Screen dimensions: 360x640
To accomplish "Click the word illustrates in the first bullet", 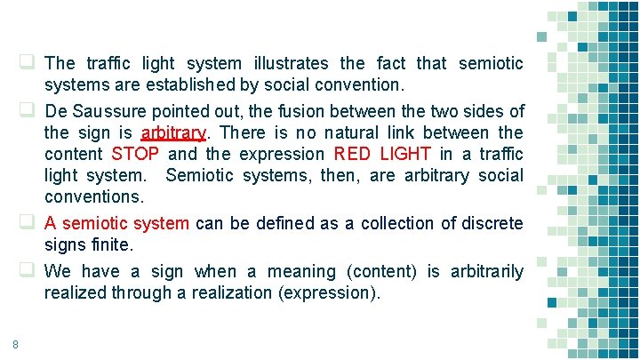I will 290,64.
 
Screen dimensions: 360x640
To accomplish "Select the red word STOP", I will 135,155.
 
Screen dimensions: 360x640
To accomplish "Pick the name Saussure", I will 111,112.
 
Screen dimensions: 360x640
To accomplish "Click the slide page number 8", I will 16,345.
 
